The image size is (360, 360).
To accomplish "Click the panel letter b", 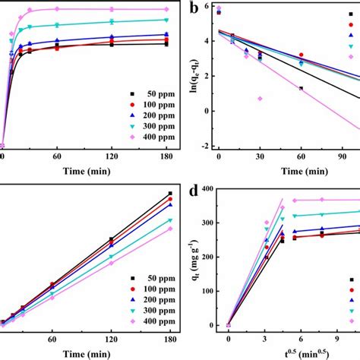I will [196, 10].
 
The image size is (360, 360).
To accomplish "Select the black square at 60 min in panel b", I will [301, 89].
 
